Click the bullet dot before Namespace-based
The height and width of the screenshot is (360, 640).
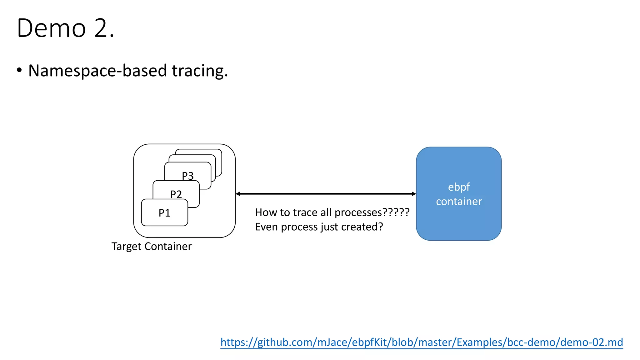19,70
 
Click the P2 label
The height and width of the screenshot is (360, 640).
176,194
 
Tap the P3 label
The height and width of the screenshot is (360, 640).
188,176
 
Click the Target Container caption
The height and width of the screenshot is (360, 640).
152,246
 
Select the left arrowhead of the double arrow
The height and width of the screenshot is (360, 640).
238,194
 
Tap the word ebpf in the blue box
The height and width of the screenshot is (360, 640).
459,187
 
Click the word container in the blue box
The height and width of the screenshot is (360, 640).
459,202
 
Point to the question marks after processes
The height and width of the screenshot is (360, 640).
396,212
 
